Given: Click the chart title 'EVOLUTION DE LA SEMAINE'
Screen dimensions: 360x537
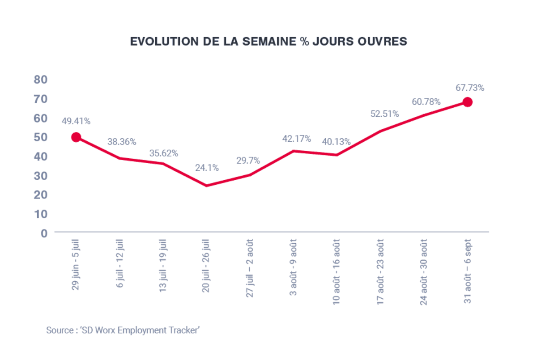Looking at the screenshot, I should click(268, 41).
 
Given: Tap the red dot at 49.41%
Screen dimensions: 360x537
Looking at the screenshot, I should click(76, 137).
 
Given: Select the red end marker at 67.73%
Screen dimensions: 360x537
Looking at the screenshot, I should click(467, 102).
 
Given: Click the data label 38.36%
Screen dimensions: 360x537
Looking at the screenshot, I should click(122, 142).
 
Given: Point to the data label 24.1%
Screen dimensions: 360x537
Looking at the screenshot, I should click(207, 168).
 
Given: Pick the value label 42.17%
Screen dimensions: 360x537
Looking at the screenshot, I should click(296, 139).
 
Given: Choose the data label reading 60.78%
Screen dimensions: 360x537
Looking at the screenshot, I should click(426, 102).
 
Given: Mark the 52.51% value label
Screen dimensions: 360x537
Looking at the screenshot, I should click(384, 114).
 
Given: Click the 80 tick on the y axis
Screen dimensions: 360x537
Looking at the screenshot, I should click(41, 80).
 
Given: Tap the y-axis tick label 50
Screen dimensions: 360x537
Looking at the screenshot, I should click(41, 137).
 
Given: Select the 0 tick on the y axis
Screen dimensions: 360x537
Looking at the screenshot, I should click(44, 233).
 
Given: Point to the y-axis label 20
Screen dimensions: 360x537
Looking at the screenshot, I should click(41, 195).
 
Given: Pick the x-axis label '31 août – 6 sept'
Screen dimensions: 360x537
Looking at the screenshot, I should click(467, 271).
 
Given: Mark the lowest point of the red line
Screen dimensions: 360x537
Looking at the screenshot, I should click(206, 186).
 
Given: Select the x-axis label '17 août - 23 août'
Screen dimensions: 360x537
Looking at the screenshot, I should click(380, 273).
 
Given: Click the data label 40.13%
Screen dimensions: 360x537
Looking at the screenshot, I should click(336, 142).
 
